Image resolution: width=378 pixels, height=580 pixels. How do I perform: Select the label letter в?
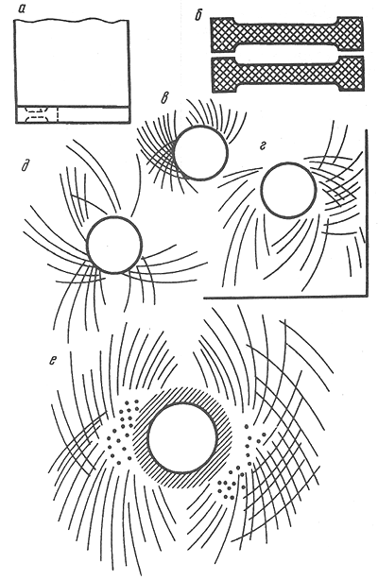pyautogui.click(x=166, y=97)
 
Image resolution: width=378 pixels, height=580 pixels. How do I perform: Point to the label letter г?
pyautogui.click(x=264, y=146)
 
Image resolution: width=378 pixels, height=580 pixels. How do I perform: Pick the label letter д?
pyautogui.click(x=26, y=167)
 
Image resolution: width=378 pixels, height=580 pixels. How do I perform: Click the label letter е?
pyautogui.click(x=53, y=360)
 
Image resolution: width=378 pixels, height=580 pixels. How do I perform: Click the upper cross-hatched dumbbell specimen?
pyautogui.click(x=287, y=34)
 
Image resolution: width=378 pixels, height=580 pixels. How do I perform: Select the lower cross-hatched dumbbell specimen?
pyautogui.click(x=287, y=75)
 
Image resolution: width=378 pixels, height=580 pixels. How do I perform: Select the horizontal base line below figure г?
pyautogui.click(x=285, y=297)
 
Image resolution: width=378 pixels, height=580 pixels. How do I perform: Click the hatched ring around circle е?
pyautogui.click(x=182, y=393)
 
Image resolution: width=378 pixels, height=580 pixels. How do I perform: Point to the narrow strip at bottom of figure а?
pyautogui.click(x=72, y=114)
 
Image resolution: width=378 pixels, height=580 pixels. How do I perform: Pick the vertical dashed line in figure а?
pyautogui.click(x=58, y=114)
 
